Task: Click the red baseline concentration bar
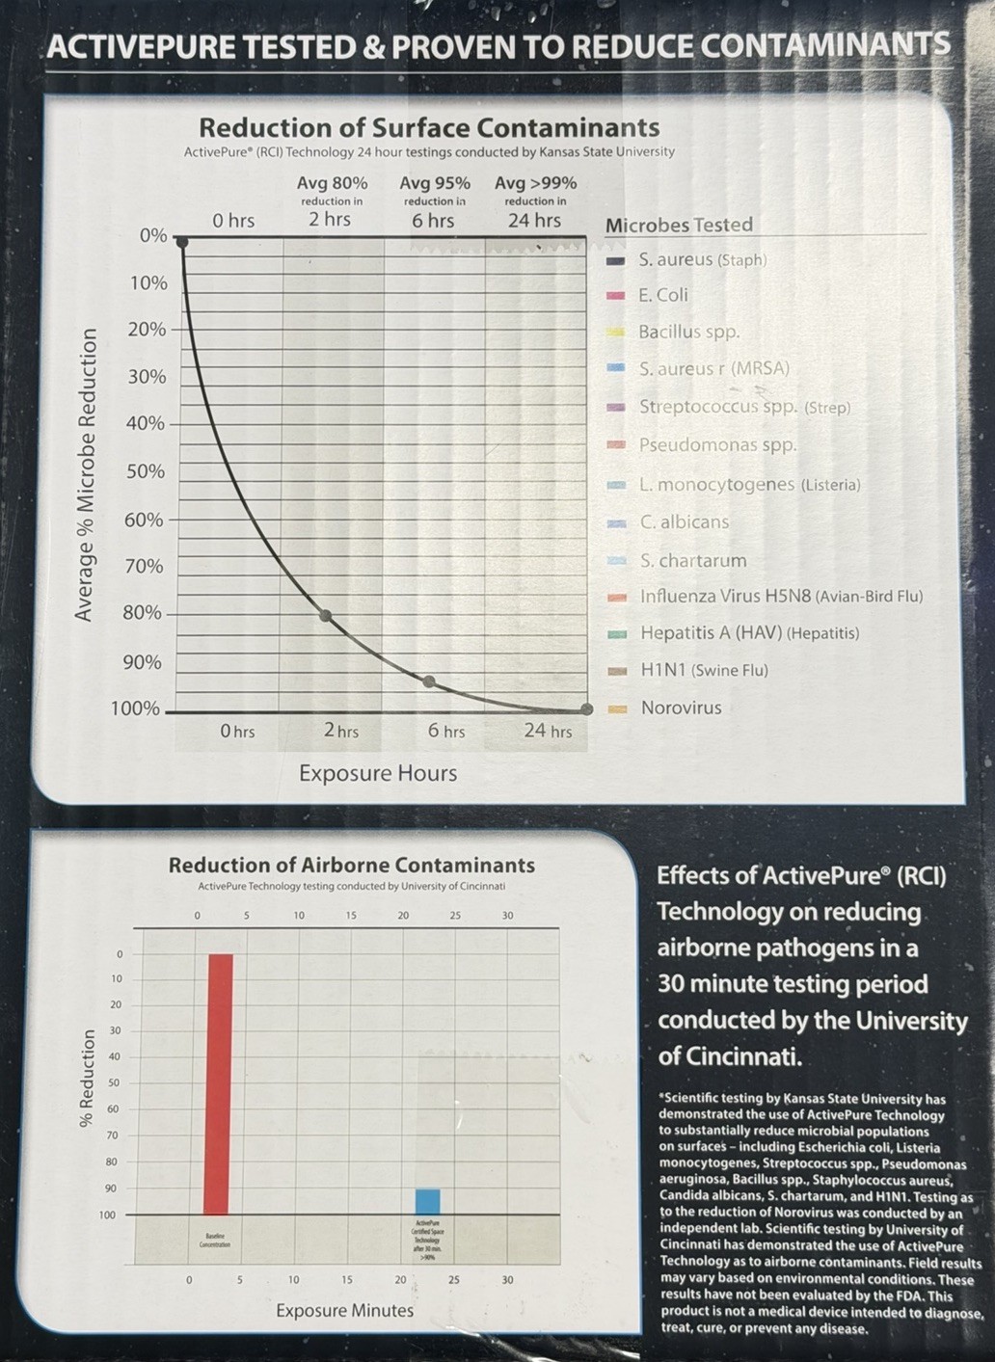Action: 218,1083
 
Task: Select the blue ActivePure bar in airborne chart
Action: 427,1201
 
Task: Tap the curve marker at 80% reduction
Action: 326,615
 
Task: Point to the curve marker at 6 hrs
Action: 429,681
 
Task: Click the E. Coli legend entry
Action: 662,295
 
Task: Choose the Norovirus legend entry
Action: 681,708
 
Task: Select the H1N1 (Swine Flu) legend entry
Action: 704,670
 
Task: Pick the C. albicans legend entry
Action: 685,521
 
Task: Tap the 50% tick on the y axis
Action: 146,471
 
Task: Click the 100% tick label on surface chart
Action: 135,708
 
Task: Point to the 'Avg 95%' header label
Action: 435,183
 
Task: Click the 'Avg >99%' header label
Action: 535,183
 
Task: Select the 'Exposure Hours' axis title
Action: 378,773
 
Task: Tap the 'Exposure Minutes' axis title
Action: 344,1311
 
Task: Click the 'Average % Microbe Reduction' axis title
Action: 86,474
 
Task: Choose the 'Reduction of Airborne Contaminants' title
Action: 351,866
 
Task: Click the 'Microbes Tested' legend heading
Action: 679,225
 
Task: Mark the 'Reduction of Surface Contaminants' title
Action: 429,127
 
